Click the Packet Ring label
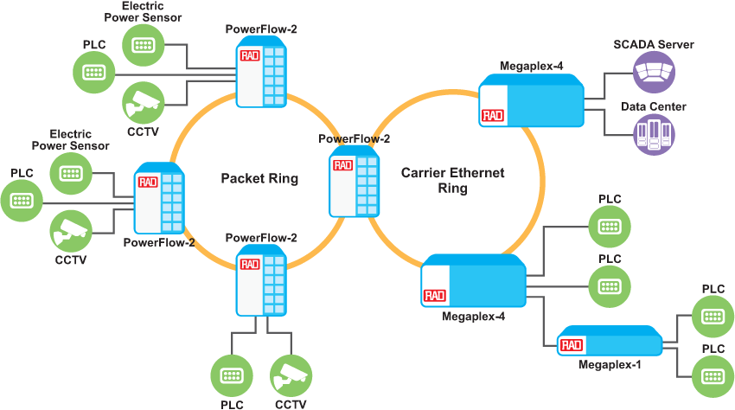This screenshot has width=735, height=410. pos(259,179)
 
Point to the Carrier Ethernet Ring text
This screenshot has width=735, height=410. pos(452,181)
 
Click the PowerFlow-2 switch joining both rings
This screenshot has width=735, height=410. pos(355,182)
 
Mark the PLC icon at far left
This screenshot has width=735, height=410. pos(22,202)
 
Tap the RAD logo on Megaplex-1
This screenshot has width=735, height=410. pos(570,345)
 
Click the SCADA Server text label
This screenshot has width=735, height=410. pos(654,45)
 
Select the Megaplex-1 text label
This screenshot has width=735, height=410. pos(610,365)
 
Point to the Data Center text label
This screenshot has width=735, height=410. pos(654,107)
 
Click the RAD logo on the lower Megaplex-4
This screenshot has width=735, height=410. pos(434,296)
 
